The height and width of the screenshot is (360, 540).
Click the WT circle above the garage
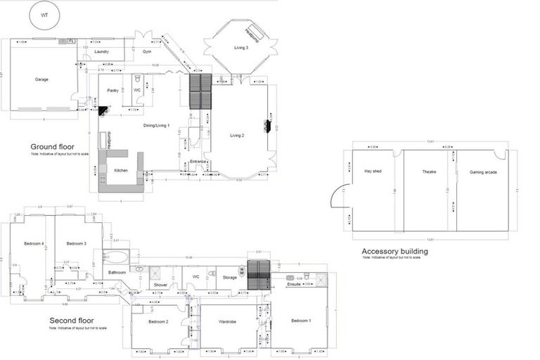tap(45, 15)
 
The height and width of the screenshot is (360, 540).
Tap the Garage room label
tap(42, 79)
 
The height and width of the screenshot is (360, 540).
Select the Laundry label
tap(101, 52)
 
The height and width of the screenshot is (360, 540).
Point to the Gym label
tap(147, 51)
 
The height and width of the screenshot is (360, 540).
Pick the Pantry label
tap(112, 91)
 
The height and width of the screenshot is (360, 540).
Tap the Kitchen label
tap(121, 170)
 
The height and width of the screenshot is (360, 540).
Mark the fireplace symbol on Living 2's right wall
tap(267, 125)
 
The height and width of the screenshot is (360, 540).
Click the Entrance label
tap(198, 162)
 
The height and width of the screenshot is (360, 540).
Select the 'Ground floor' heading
tap(53, 146)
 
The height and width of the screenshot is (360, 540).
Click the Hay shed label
tap(373, 171)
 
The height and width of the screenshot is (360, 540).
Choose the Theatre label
tap(430, 171)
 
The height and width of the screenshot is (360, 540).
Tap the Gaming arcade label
tap(482, 171)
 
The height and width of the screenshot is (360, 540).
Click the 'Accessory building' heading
tap(394, 251)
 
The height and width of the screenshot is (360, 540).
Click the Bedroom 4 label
tap(33, 243)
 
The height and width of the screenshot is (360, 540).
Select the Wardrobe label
tap(226, 321)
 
